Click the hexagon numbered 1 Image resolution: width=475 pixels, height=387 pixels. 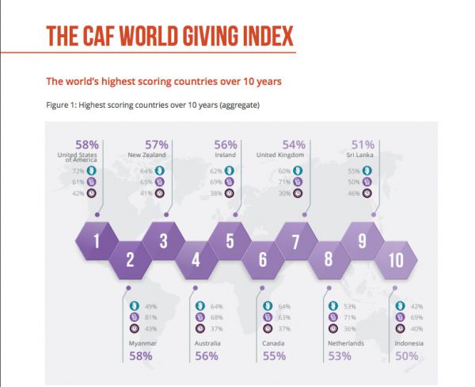click(97, 240)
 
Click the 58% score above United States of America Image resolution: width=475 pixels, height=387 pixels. click(86, 144)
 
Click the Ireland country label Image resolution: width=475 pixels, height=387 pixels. click(227, 155)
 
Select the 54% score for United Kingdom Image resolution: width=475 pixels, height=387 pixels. click(294, 144)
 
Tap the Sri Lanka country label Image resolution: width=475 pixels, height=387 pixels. click(363, 155)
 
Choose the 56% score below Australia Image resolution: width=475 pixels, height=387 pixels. click(206, 356)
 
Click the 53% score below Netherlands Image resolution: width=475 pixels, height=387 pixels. click(338, 356)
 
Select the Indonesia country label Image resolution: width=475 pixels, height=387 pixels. click(406, 343)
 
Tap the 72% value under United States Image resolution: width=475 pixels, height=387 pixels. click(78, 170)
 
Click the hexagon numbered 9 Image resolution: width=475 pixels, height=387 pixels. click(362, 240)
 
